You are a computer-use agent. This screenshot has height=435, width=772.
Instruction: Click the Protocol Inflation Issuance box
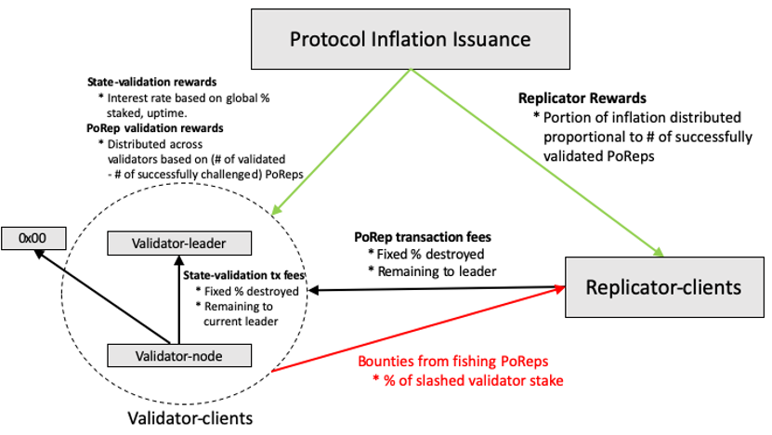click(x=411, y=39)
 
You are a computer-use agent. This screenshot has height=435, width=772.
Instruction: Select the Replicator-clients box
click(x=664, y=286)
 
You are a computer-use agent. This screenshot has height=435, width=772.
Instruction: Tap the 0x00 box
click(x=33, y=239)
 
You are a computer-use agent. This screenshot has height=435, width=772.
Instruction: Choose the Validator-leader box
click(x=179, y=244)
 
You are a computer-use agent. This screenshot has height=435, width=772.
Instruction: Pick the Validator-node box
click(x=179, y=355)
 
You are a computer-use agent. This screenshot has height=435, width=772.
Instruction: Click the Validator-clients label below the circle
click(x=190, y=417)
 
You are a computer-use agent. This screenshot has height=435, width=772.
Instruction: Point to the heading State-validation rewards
click(x=151, y=82)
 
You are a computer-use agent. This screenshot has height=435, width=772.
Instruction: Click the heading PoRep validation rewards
click(x=154, y=128)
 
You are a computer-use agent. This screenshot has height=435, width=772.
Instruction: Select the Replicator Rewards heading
click(x=582, y=98)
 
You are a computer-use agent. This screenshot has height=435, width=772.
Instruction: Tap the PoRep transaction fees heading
click(x=423, y=237)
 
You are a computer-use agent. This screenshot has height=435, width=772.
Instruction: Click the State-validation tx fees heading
click(x=244, y=275)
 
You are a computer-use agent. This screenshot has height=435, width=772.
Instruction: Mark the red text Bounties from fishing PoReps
click(x=453, y=361)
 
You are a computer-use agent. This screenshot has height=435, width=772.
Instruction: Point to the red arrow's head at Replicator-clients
click(x=560, y=289)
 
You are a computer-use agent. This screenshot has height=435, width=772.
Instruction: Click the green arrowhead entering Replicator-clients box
click(x=659, y=252)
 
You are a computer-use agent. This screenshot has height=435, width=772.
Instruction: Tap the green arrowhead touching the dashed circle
click(x=276, y=209)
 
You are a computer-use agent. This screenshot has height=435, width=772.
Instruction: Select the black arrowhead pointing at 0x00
click(x=39, y=254)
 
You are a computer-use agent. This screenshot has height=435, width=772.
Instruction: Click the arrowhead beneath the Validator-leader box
click(x=179, y=260)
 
